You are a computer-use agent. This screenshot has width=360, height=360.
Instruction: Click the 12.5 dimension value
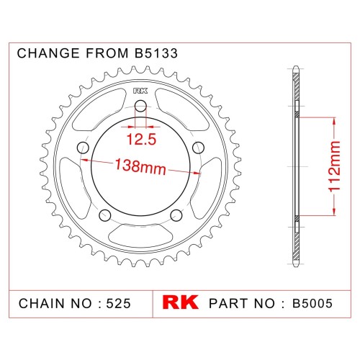141,139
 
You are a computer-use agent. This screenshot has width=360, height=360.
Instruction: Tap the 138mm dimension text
140,166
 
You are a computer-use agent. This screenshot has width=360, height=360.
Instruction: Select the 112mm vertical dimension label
334,166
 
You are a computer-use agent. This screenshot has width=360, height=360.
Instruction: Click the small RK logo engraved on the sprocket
140,91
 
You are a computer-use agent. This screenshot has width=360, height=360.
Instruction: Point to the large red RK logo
180,302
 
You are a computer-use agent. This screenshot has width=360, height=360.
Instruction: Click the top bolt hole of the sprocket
140,107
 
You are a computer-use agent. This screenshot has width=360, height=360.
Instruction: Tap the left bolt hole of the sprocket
84,148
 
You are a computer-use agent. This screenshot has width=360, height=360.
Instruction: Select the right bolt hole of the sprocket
199,148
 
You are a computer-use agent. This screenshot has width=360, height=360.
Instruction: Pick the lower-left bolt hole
105,215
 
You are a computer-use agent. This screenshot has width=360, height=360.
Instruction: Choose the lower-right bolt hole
176,215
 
